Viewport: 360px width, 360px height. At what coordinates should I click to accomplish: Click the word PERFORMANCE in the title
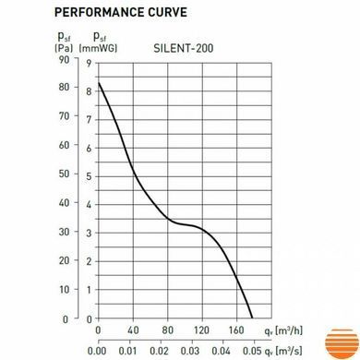[99, 12]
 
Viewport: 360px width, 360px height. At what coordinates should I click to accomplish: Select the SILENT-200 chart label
[184, 49]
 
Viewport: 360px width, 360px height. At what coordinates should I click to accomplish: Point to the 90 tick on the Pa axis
[65, 60]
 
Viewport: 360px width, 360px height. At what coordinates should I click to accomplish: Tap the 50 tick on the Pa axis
[64, 174]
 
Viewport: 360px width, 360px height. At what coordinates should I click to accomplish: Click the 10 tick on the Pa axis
[64, 290]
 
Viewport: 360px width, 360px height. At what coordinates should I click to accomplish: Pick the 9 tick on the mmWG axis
[89, 64]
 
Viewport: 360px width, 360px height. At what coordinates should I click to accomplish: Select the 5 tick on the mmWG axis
[89, 176]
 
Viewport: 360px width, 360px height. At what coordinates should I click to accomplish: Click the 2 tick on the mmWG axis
[89, 261]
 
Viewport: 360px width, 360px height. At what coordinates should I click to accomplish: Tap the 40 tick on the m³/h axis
[133, 330]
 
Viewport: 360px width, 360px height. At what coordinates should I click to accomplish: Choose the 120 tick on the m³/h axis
[201, 330]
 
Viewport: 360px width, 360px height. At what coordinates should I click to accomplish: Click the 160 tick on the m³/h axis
[236, 330]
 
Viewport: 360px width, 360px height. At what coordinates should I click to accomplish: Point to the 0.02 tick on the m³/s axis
[159, 351]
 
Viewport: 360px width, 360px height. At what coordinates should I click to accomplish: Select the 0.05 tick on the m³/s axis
[252, 351]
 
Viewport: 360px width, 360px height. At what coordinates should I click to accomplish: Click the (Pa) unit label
[64, 48]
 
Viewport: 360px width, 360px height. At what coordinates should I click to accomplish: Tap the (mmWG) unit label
[98, 48]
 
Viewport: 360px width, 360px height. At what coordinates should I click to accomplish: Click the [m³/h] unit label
[289, 330]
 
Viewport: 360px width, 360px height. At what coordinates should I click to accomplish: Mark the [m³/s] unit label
[289, 351]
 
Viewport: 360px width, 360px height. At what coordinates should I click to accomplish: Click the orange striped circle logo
[342, 343]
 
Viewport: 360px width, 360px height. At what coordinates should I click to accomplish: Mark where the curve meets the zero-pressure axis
[252, 318]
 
